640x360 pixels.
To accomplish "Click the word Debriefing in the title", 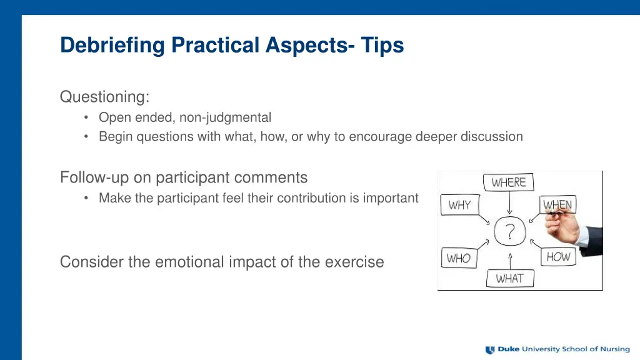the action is [x=112, y=45].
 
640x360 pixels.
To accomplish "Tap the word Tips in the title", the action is [x=382, y=45].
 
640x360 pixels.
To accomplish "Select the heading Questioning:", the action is [x=105, y=97].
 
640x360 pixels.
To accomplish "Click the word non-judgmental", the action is [x=225, y=117].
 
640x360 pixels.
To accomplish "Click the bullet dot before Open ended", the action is [x=86, y=117].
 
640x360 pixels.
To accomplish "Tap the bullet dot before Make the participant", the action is [x=86, y=198].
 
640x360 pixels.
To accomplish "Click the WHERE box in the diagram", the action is [x=508, y=182].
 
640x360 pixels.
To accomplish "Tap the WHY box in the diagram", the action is [x=459, y=204].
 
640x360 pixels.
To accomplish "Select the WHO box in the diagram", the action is [x=459, y=257].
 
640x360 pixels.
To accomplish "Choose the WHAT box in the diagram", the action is [x=510, y=278].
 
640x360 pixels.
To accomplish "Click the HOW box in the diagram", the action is [x=558, y=257].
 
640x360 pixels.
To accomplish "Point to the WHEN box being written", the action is [x=557, y=204].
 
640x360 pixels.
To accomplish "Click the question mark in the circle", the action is [x=510, y=231].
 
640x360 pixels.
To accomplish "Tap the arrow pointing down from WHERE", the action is [x=509, y=203].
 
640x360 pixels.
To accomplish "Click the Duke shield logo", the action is [x=490, y=350].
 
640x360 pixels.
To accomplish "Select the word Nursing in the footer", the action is [x=615, y=349].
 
